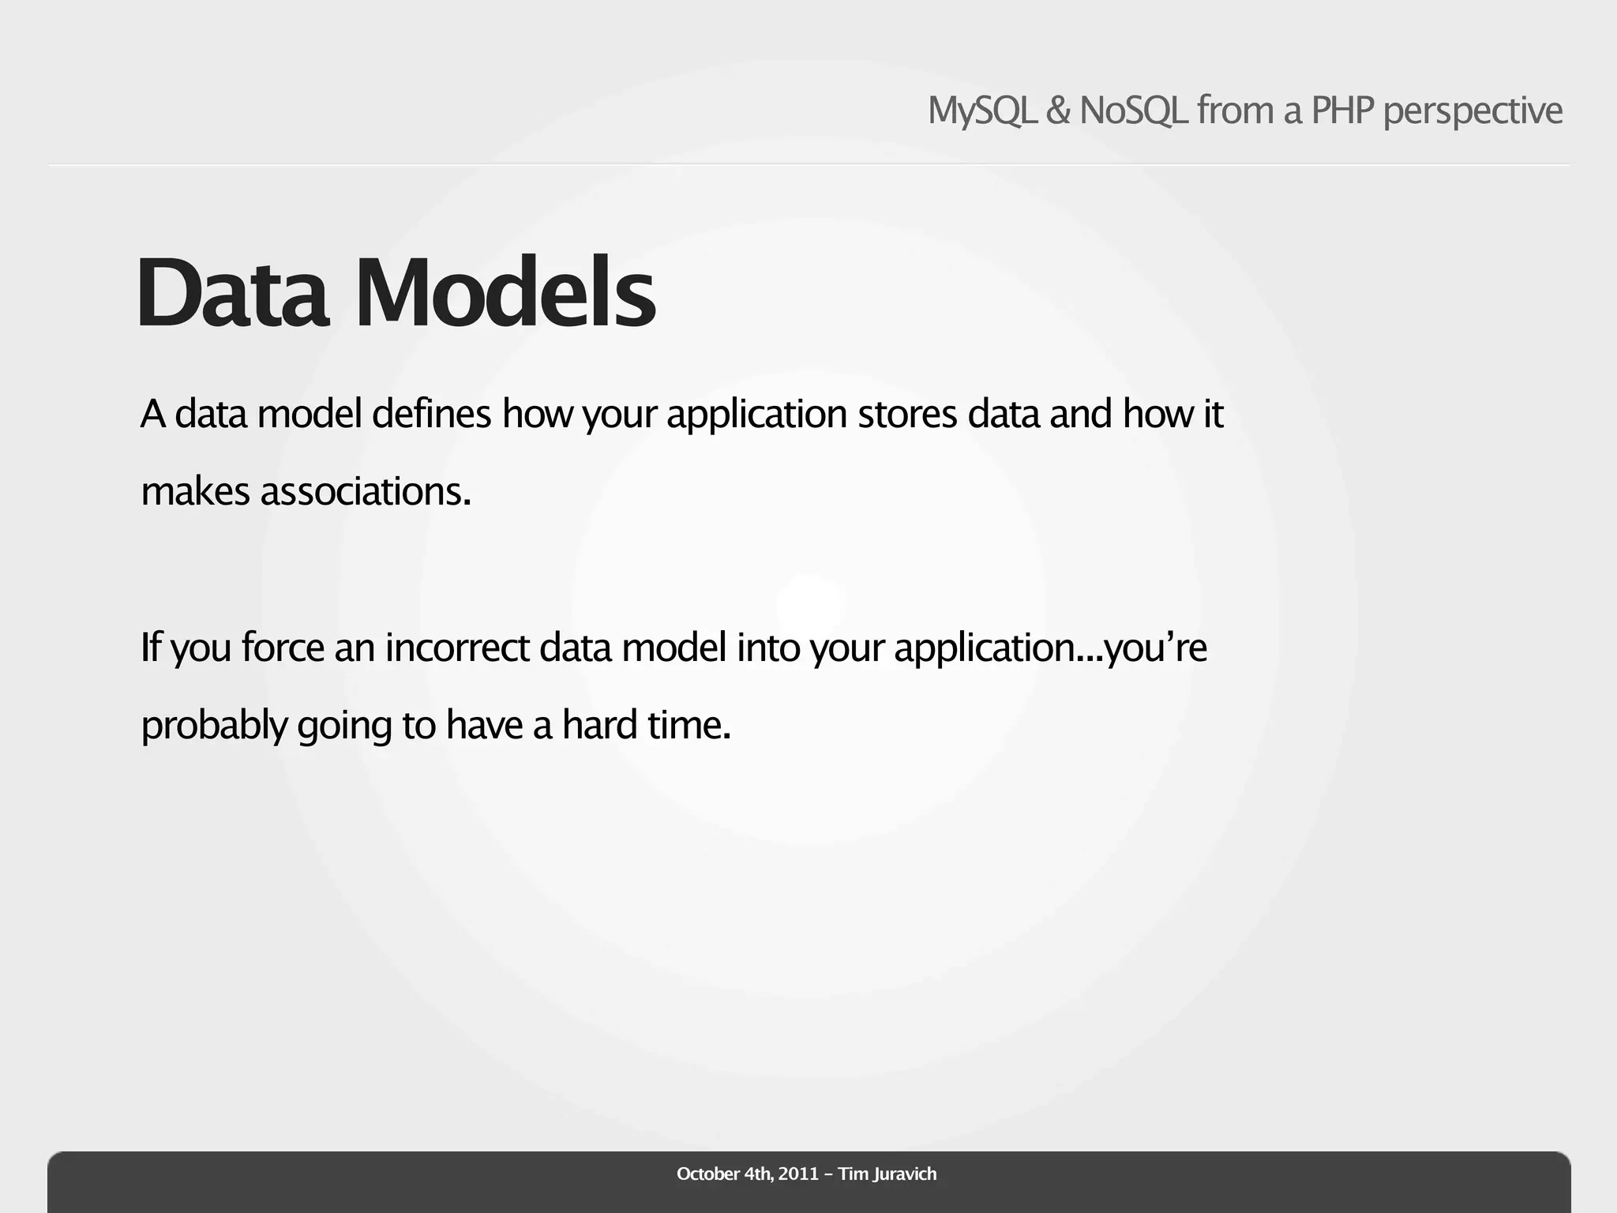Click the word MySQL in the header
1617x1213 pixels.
pos(981,111)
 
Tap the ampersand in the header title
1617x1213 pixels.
pos(1057,111)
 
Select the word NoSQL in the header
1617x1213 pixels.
pos(1133,111)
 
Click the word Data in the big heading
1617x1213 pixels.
pos(233,293)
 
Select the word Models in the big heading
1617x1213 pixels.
pos(505,293)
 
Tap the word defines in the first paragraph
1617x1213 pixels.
pos(431,414)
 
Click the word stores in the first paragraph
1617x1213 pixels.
pos(907,414)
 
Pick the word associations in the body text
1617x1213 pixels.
pos(365,492)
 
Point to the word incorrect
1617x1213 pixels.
pos(457,648)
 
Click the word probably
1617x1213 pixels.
pos(214,726)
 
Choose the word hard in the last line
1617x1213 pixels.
pos(599,725)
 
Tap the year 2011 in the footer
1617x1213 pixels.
pos(798,1174)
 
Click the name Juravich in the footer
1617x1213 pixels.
pos(905,1174)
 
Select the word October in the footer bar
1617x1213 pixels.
pos(707,1174)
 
